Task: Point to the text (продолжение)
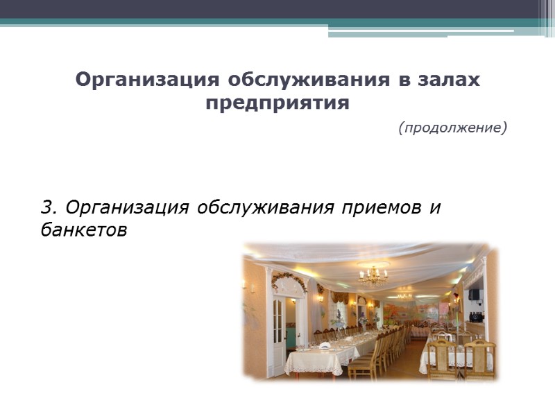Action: pyautogui.click(x=453, y=128)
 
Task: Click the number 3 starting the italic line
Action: pyautogui.click(x=46, y=207)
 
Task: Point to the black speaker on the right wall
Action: pyautogui.click(x=474, y=294)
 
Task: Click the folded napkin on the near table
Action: pyautogui.click(x=324, y=345)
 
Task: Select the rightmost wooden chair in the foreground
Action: pyautogui.click(x=480, y=359)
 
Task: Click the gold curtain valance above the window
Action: pyautogui.click(x=340, y=297)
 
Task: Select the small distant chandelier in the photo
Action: pyautogui.click(x=404, y=295)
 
